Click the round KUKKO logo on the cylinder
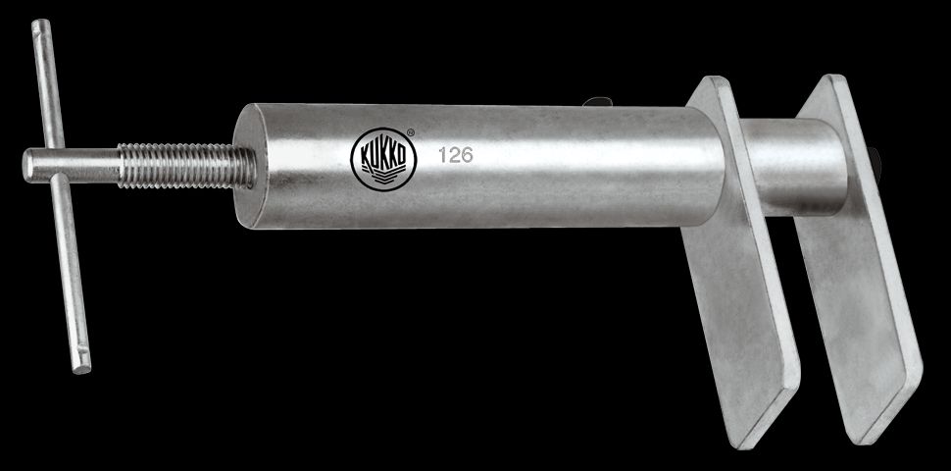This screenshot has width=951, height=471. click(383, 159)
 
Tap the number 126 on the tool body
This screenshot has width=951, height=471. click(455, 155)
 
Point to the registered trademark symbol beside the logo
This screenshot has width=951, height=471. click(411, 131)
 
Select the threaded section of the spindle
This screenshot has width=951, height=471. click(187, 165)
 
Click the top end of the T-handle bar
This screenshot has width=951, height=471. click(41, 25)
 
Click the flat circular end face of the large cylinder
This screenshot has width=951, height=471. click(249, 167)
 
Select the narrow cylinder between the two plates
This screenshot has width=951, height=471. click(792, 166)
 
